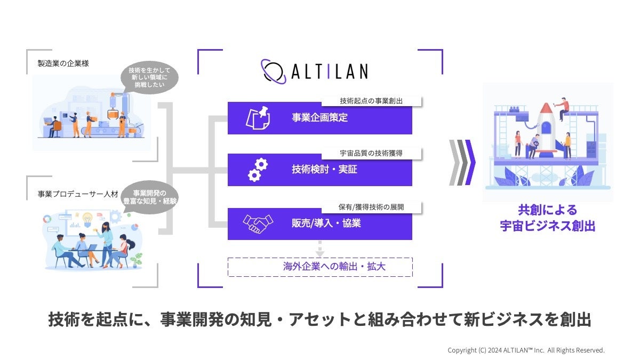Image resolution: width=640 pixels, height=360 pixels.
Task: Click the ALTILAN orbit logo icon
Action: (x=273, y=70)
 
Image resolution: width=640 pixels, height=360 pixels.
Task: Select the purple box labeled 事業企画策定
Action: (x=320, y=118)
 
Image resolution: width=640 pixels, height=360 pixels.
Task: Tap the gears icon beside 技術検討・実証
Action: (x=258, y=170)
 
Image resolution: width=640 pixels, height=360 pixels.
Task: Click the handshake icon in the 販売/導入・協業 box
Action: (x=258, y=223)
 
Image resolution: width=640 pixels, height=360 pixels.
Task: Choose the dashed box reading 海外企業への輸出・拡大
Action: (x=320, y=267)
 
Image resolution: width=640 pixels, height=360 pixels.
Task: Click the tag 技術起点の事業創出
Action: (x=371, y=101)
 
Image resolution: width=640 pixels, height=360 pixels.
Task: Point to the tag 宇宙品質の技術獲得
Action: (x=371, y=153)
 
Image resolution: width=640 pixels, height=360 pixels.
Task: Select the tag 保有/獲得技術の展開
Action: (x=371, y=206)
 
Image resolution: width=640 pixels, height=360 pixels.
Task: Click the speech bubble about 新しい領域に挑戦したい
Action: (x=151, y=78)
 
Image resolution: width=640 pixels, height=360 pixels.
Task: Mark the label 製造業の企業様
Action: (x=63, y=63)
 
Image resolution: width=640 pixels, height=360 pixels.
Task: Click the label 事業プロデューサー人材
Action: (x=78, y=195)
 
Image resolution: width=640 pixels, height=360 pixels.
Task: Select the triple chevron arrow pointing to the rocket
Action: (x=462, y=162)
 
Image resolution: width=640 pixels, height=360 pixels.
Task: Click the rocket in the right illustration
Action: (x=546, y=126)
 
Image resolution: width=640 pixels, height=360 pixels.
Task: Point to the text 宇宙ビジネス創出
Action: (x=547, y=226)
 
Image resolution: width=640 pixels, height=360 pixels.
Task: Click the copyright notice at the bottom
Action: (x=526, y=350)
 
